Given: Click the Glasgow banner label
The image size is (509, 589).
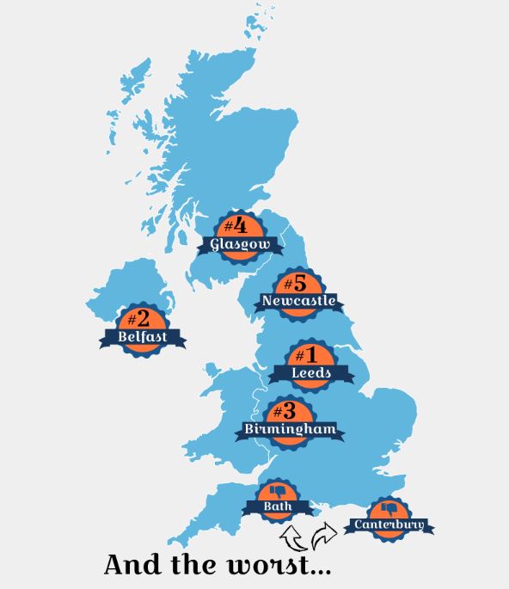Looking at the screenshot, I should coord(240,245).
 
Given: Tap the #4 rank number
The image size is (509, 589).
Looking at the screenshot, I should coord(235,226).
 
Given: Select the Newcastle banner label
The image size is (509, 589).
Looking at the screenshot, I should coord(298,301).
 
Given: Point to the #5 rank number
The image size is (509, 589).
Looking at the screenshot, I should coord(295,282).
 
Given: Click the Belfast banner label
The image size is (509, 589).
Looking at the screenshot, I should coord(143,337).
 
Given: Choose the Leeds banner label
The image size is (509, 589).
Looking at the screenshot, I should coord(310,373).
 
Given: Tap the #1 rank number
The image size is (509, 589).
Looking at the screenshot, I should coord(307,354).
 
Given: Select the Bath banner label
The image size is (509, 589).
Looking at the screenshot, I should coord(278,506).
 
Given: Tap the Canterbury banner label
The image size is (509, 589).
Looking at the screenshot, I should coord(389,525).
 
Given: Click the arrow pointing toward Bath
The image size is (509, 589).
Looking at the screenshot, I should coord(293,537).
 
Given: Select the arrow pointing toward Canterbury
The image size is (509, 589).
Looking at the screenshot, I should coord(323,534).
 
